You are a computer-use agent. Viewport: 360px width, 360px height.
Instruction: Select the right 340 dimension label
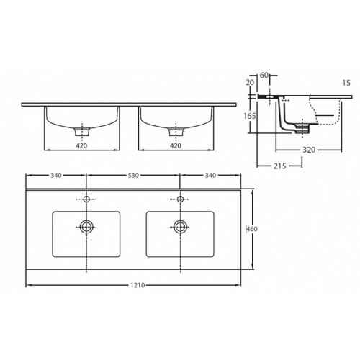coord(210,174)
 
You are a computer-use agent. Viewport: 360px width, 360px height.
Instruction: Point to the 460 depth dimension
coord(253,229)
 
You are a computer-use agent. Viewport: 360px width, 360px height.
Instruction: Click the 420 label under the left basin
coord(82,145)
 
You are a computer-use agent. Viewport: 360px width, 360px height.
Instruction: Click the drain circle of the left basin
coord(86,226)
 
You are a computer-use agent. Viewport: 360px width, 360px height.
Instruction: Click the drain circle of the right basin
coord(179,226)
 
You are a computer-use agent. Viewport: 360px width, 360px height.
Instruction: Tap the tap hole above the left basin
coord(86,199)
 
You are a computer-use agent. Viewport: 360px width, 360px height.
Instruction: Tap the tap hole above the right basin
coord(179,199)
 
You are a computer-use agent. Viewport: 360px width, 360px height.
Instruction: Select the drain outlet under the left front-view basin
coord(83,132)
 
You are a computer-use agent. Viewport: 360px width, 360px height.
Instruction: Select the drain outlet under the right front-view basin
coord(175,132)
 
